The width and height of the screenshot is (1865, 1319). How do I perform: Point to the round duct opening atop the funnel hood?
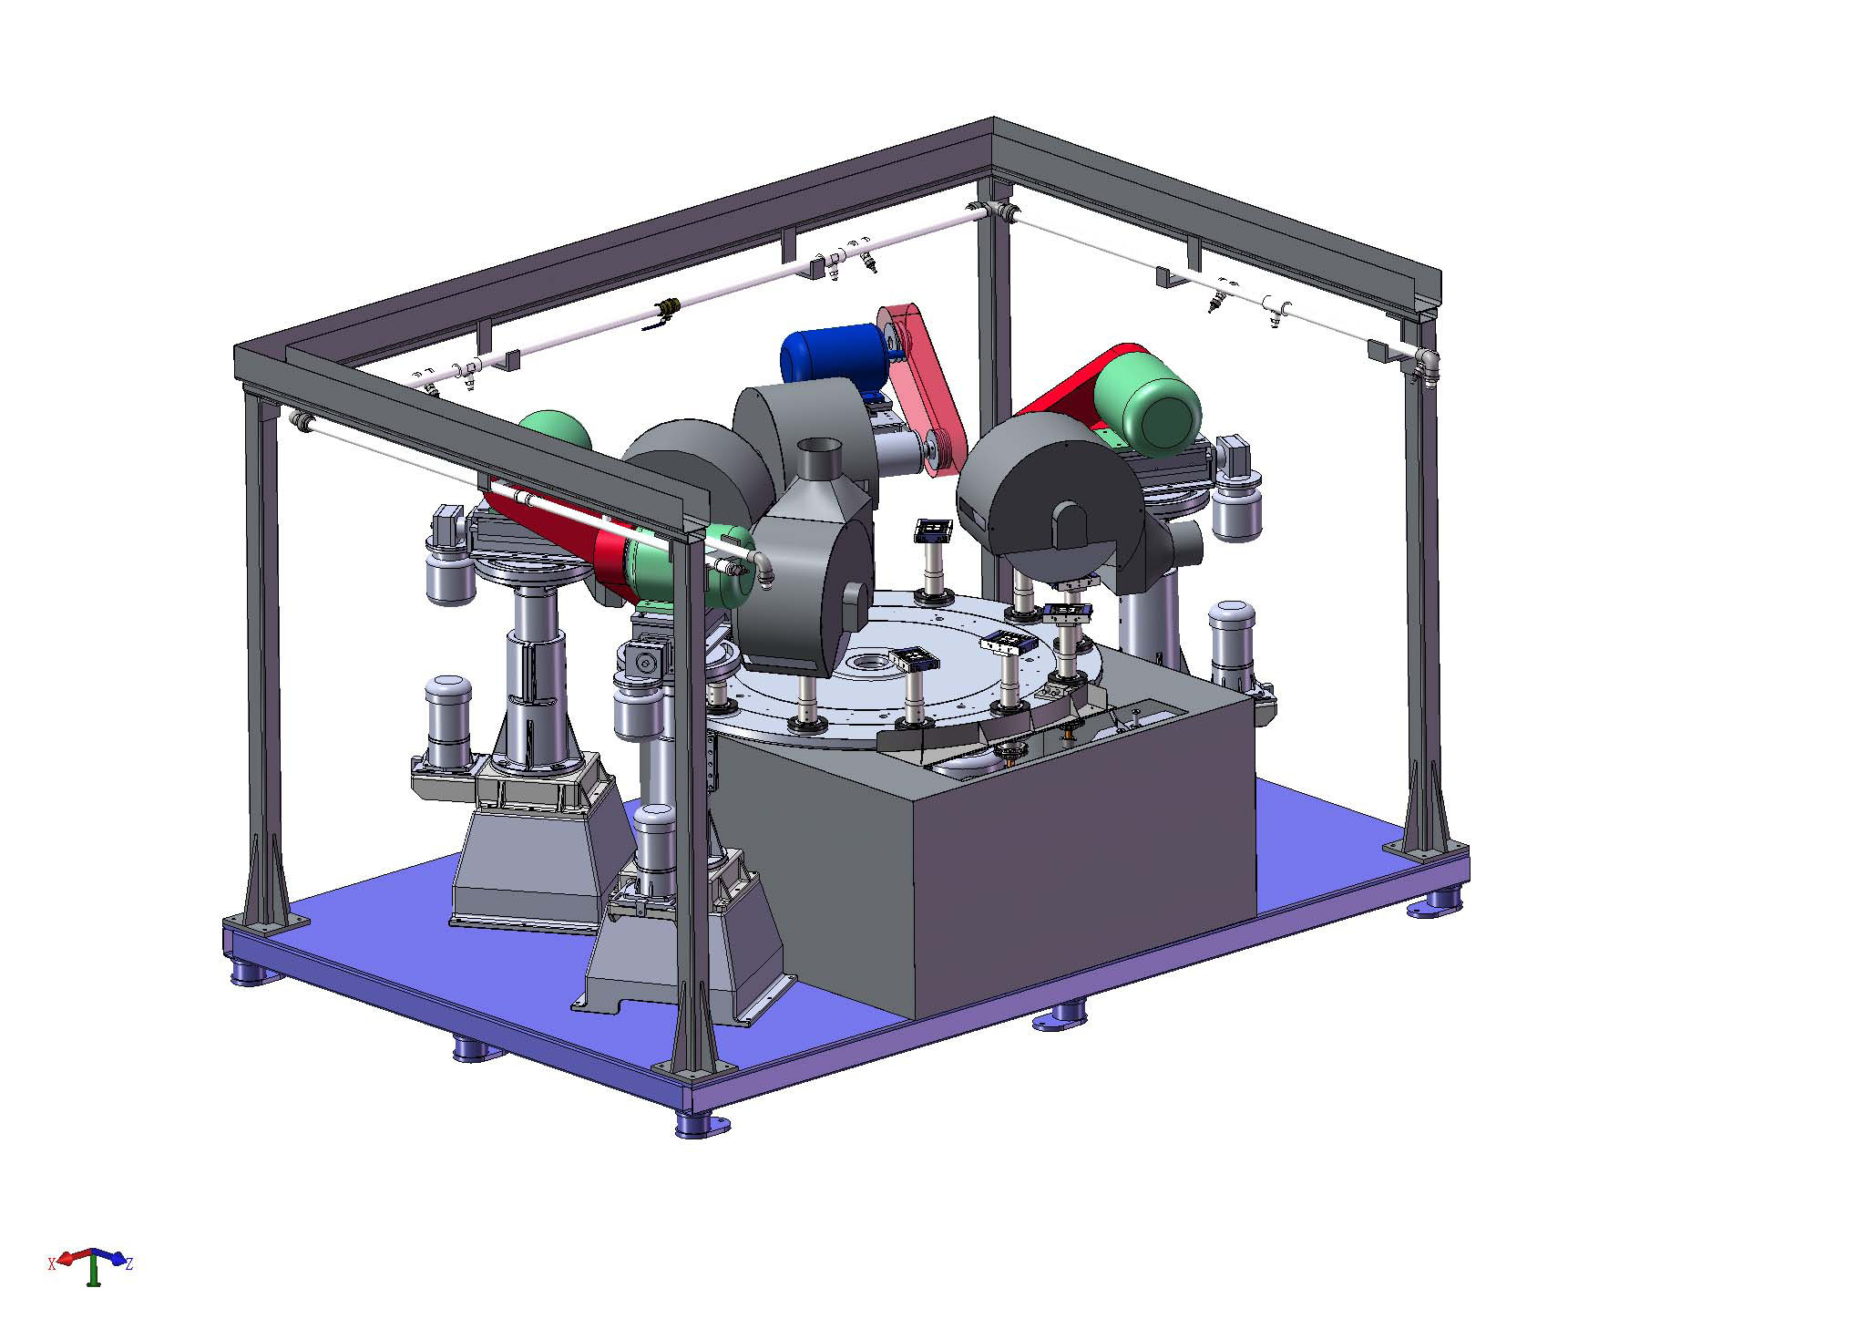pyautogui.click(x=821, y=448)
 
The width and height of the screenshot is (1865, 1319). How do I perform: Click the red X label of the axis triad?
pyautogui.click(x=52, y=1263)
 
